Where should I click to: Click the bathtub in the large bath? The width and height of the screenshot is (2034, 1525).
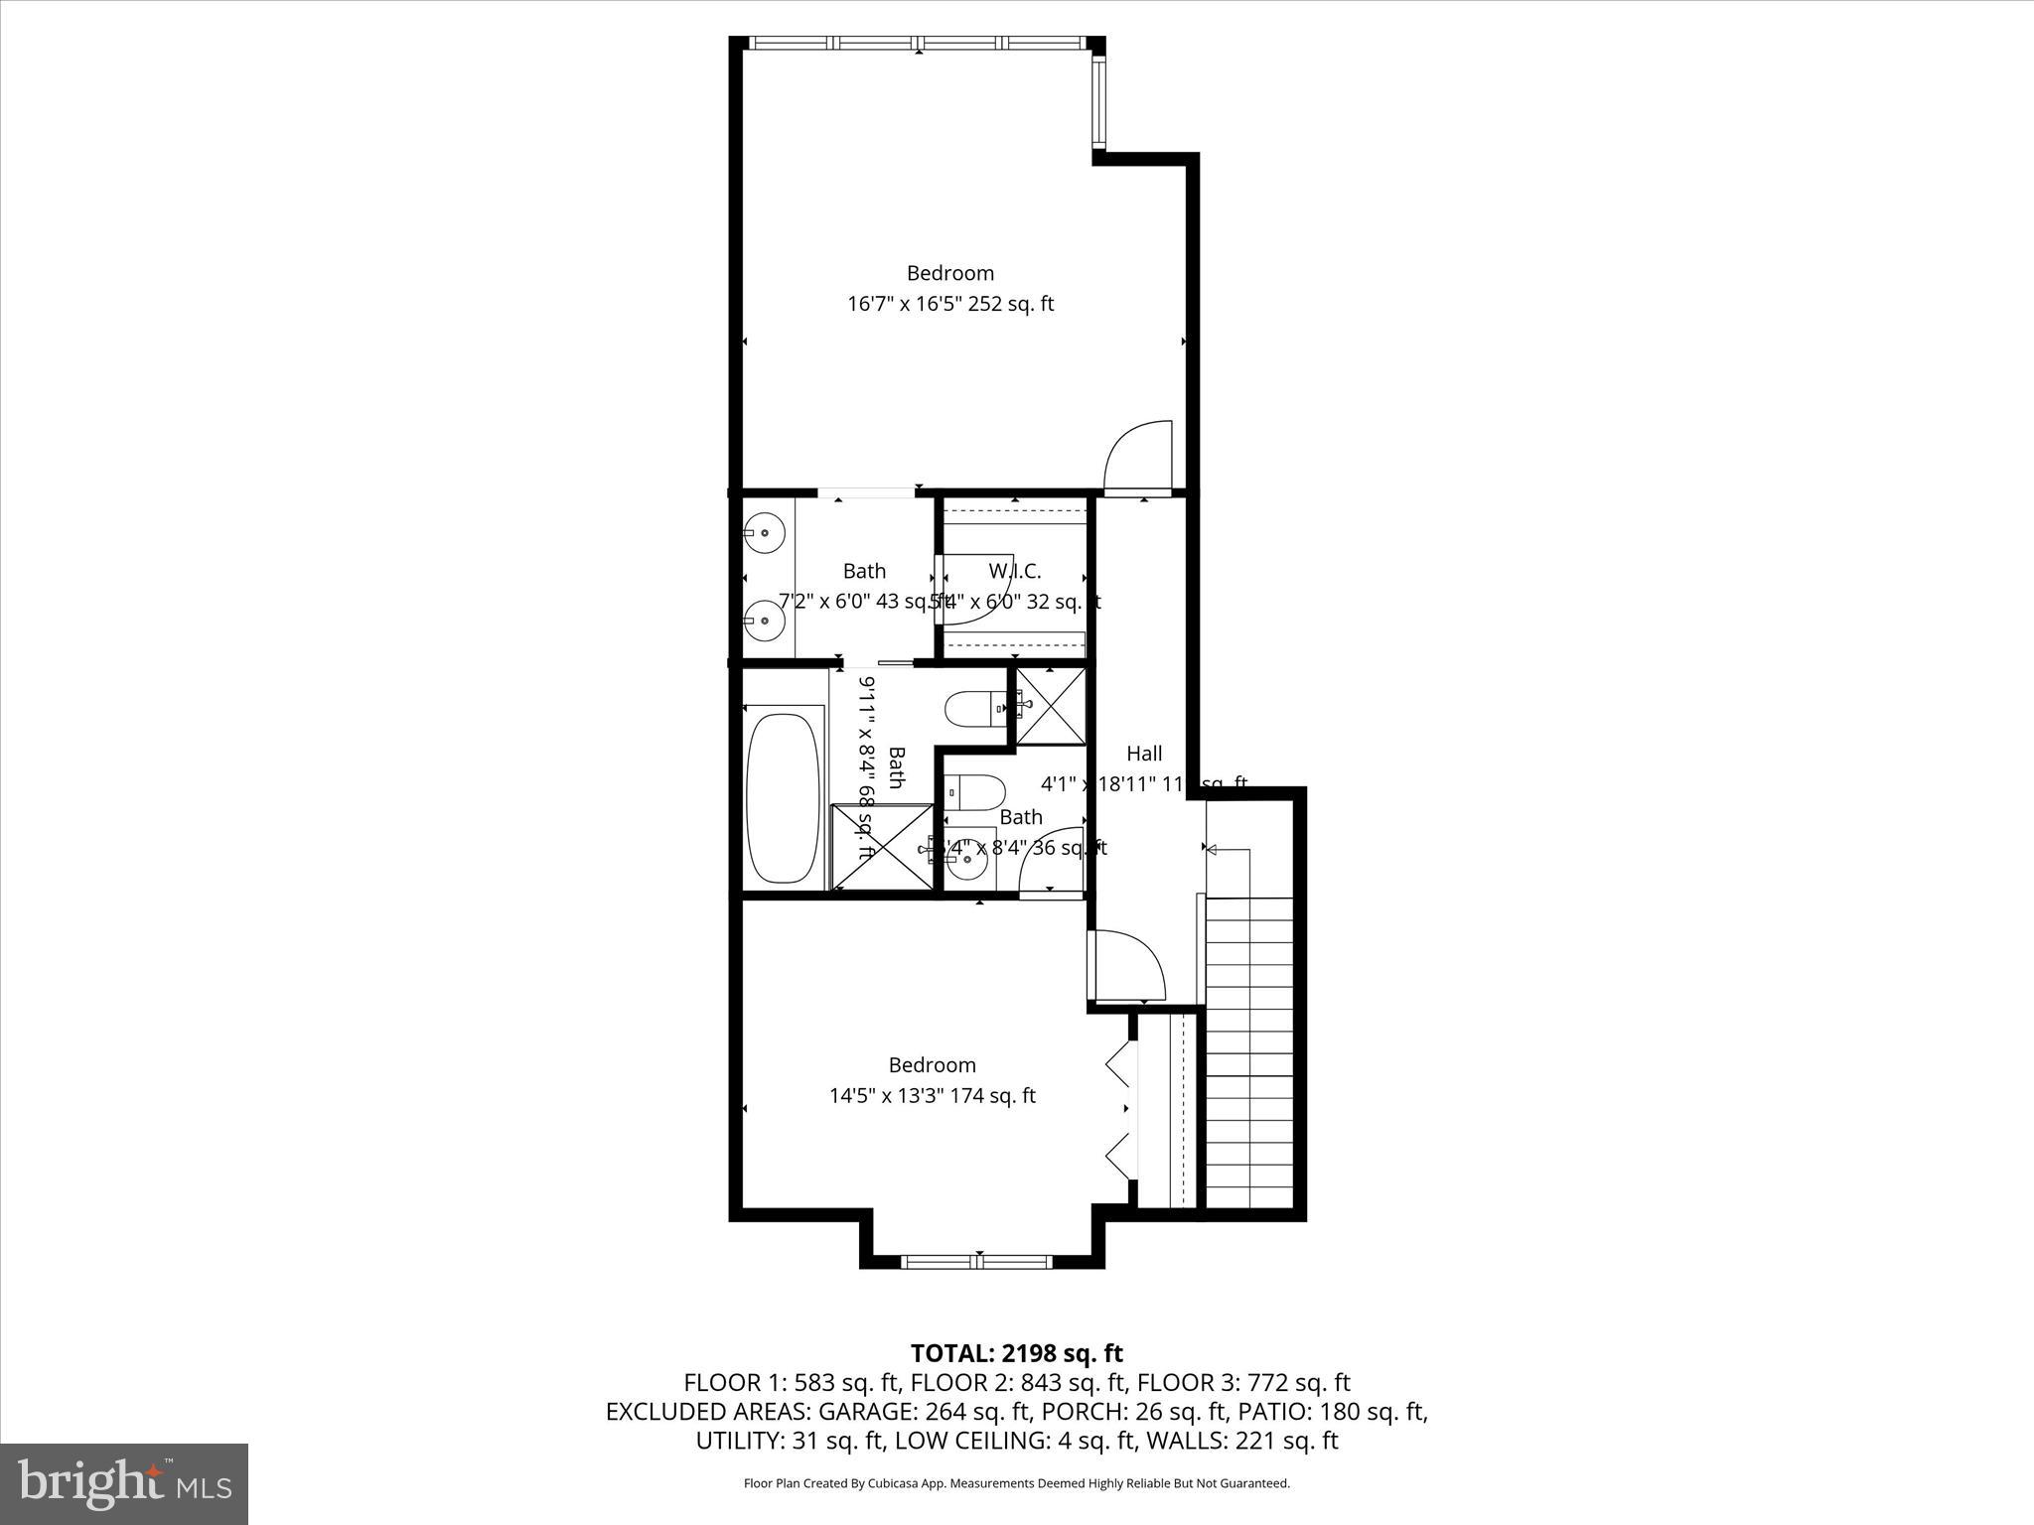pos(784,794)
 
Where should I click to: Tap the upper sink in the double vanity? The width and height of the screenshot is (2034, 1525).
pos(765,533)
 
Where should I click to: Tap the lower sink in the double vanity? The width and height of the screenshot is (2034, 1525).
pos(765,621)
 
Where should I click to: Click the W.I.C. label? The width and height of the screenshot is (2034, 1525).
pos(1014,571)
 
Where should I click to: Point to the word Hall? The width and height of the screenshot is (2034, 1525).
pos(1144,754)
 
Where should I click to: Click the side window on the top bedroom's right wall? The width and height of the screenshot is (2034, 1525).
pos(1098,102)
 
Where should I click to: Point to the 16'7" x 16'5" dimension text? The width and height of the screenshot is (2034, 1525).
pos(949,304)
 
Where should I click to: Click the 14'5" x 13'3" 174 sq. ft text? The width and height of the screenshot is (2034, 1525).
pos(932,1096)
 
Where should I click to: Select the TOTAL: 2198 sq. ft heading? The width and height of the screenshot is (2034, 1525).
pos(1016,1353)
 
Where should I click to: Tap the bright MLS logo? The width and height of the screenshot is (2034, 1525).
pos(124,1483)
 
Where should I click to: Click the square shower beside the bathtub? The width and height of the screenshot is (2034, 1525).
pos(881,846)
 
